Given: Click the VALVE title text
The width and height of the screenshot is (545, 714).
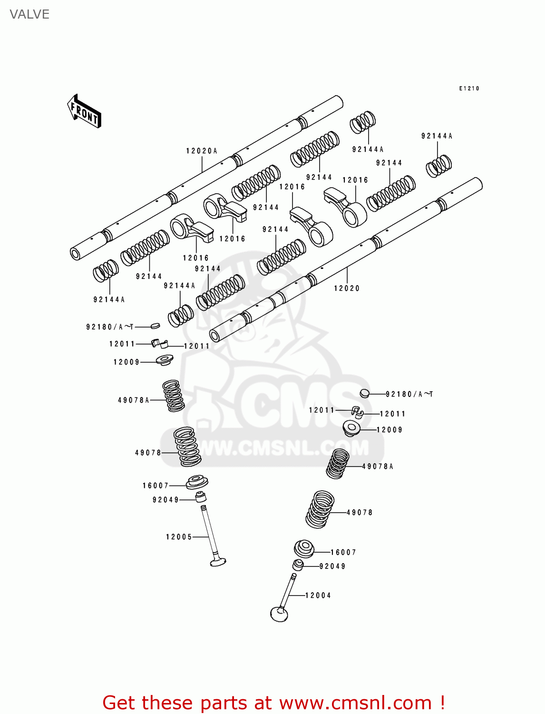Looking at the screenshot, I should (x=29, y=14).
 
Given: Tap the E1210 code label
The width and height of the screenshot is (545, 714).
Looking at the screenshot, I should (x=469, y=89).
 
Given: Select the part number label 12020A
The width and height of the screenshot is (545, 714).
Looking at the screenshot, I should (x=201, y=151).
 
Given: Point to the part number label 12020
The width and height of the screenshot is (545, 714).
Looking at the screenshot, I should (x=347, y=288).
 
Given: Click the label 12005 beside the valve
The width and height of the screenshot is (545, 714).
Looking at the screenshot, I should (x=179, y=537).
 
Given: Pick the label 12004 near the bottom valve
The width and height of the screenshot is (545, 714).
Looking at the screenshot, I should (x=318, y=595).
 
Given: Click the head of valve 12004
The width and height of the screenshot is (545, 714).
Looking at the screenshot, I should (x=279, y=614).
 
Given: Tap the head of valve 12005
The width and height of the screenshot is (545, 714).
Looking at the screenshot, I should (x=218, y=562).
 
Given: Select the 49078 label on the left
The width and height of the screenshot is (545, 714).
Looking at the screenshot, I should (x=148, y=453).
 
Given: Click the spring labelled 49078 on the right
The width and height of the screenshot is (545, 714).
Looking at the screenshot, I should (x=320, y=510).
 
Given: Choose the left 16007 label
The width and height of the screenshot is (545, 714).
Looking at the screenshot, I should (x=156, y=486).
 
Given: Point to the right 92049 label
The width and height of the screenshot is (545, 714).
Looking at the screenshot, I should (x=332, y=566).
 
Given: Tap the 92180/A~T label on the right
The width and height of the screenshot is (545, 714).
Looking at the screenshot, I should (x=409, y=394).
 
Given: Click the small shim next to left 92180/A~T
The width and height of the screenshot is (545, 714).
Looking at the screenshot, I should (x=155, y=326).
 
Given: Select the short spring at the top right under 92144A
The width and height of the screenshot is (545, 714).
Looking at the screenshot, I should (x=438, y=166).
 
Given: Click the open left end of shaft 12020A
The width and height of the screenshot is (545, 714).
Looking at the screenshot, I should (x=76, y=254).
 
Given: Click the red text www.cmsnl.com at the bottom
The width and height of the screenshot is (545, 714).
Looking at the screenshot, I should (x=355, y=703).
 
